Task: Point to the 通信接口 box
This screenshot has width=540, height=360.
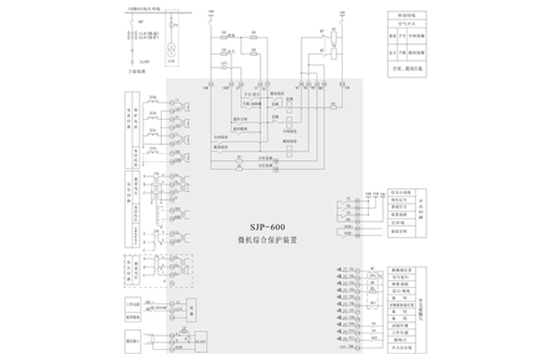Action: (130, 341)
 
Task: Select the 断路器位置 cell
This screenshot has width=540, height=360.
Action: (401, 269)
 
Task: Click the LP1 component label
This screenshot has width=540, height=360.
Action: (223, 66)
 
